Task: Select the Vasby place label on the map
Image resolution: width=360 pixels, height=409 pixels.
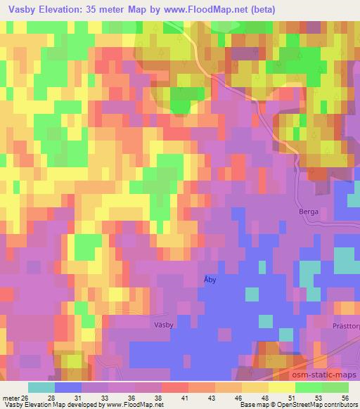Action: (x=162, y=325)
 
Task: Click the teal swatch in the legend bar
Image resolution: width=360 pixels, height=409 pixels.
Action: (x=41, y=387)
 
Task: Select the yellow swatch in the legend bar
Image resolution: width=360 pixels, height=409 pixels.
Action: (x=281, y=387)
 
